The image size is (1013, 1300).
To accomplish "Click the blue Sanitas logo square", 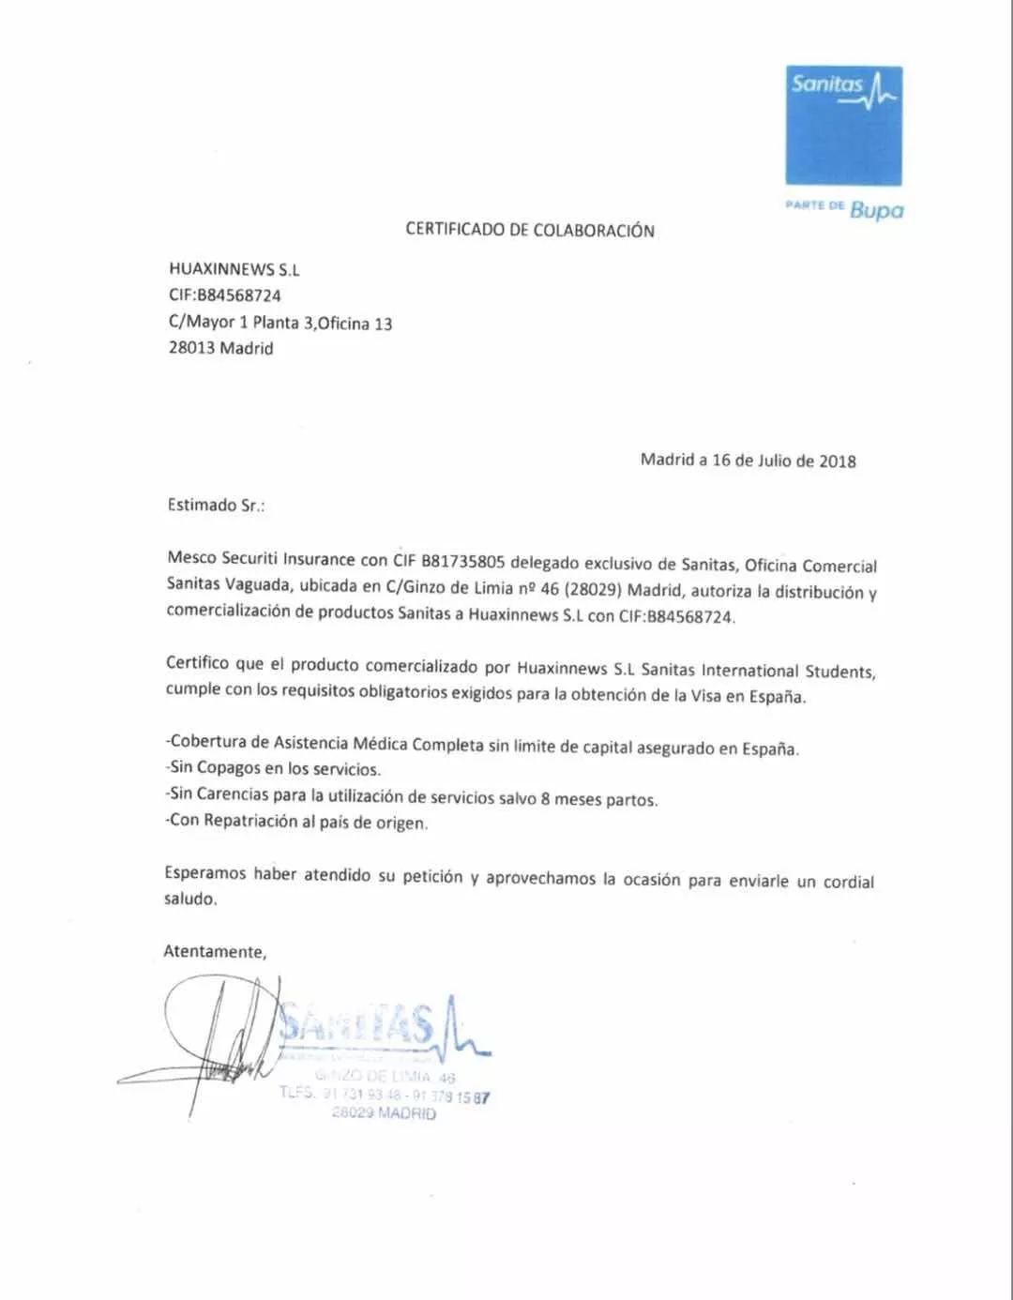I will [x=843, y=125].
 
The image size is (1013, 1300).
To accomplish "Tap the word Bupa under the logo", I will [x=877, y=209].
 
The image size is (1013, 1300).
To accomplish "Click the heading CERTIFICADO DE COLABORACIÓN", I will [x=530, y=230].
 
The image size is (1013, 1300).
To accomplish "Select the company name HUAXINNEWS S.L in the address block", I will [x=234, y=269].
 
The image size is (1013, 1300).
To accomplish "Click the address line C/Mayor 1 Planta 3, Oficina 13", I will [x=280, y=324].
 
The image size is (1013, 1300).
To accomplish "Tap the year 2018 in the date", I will [x=838, y=461].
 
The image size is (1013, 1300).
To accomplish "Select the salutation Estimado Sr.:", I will [x=216, y=505].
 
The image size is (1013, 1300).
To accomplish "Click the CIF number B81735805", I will [x=463, y=561].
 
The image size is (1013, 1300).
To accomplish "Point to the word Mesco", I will [x=191, y=557].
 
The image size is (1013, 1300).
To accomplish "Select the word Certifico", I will [x=197, y=663].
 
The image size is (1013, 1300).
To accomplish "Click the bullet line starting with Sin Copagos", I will [x=274, y=769].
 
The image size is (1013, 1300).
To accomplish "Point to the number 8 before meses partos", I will [x=545, y=799].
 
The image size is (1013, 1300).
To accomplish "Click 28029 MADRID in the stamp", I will [x=384, y=1113].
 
